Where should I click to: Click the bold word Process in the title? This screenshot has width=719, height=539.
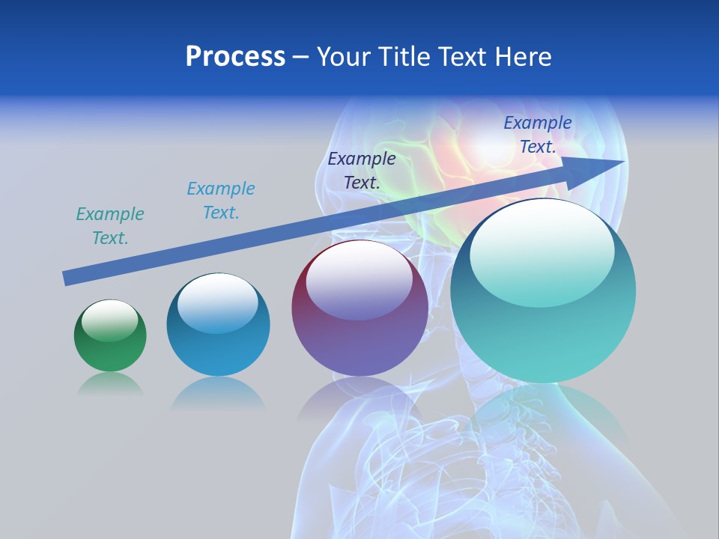pos(235,57)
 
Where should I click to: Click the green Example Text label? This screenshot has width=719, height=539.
pos(110,225)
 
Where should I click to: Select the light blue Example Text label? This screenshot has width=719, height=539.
pos(221,200)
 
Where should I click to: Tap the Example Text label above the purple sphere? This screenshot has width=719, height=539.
pos(362,170)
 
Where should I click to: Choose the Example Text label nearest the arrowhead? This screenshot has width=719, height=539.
pos(538,134)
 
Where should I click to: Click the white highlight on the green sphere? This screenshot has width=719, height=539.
pos(110,320)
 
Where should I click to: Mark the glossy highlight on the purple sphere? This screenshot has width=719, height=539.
pos(359,279)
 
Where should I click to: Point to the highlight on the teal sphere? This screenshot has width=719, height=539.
pos(542,251)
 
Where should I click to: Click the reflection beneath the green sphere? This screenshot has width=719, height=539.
pos(110,383)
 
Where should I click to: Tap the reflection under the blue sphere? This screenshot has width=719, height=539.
pos(218,392)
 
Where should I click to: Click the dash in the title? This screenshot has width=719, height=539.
pos(301,57)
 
